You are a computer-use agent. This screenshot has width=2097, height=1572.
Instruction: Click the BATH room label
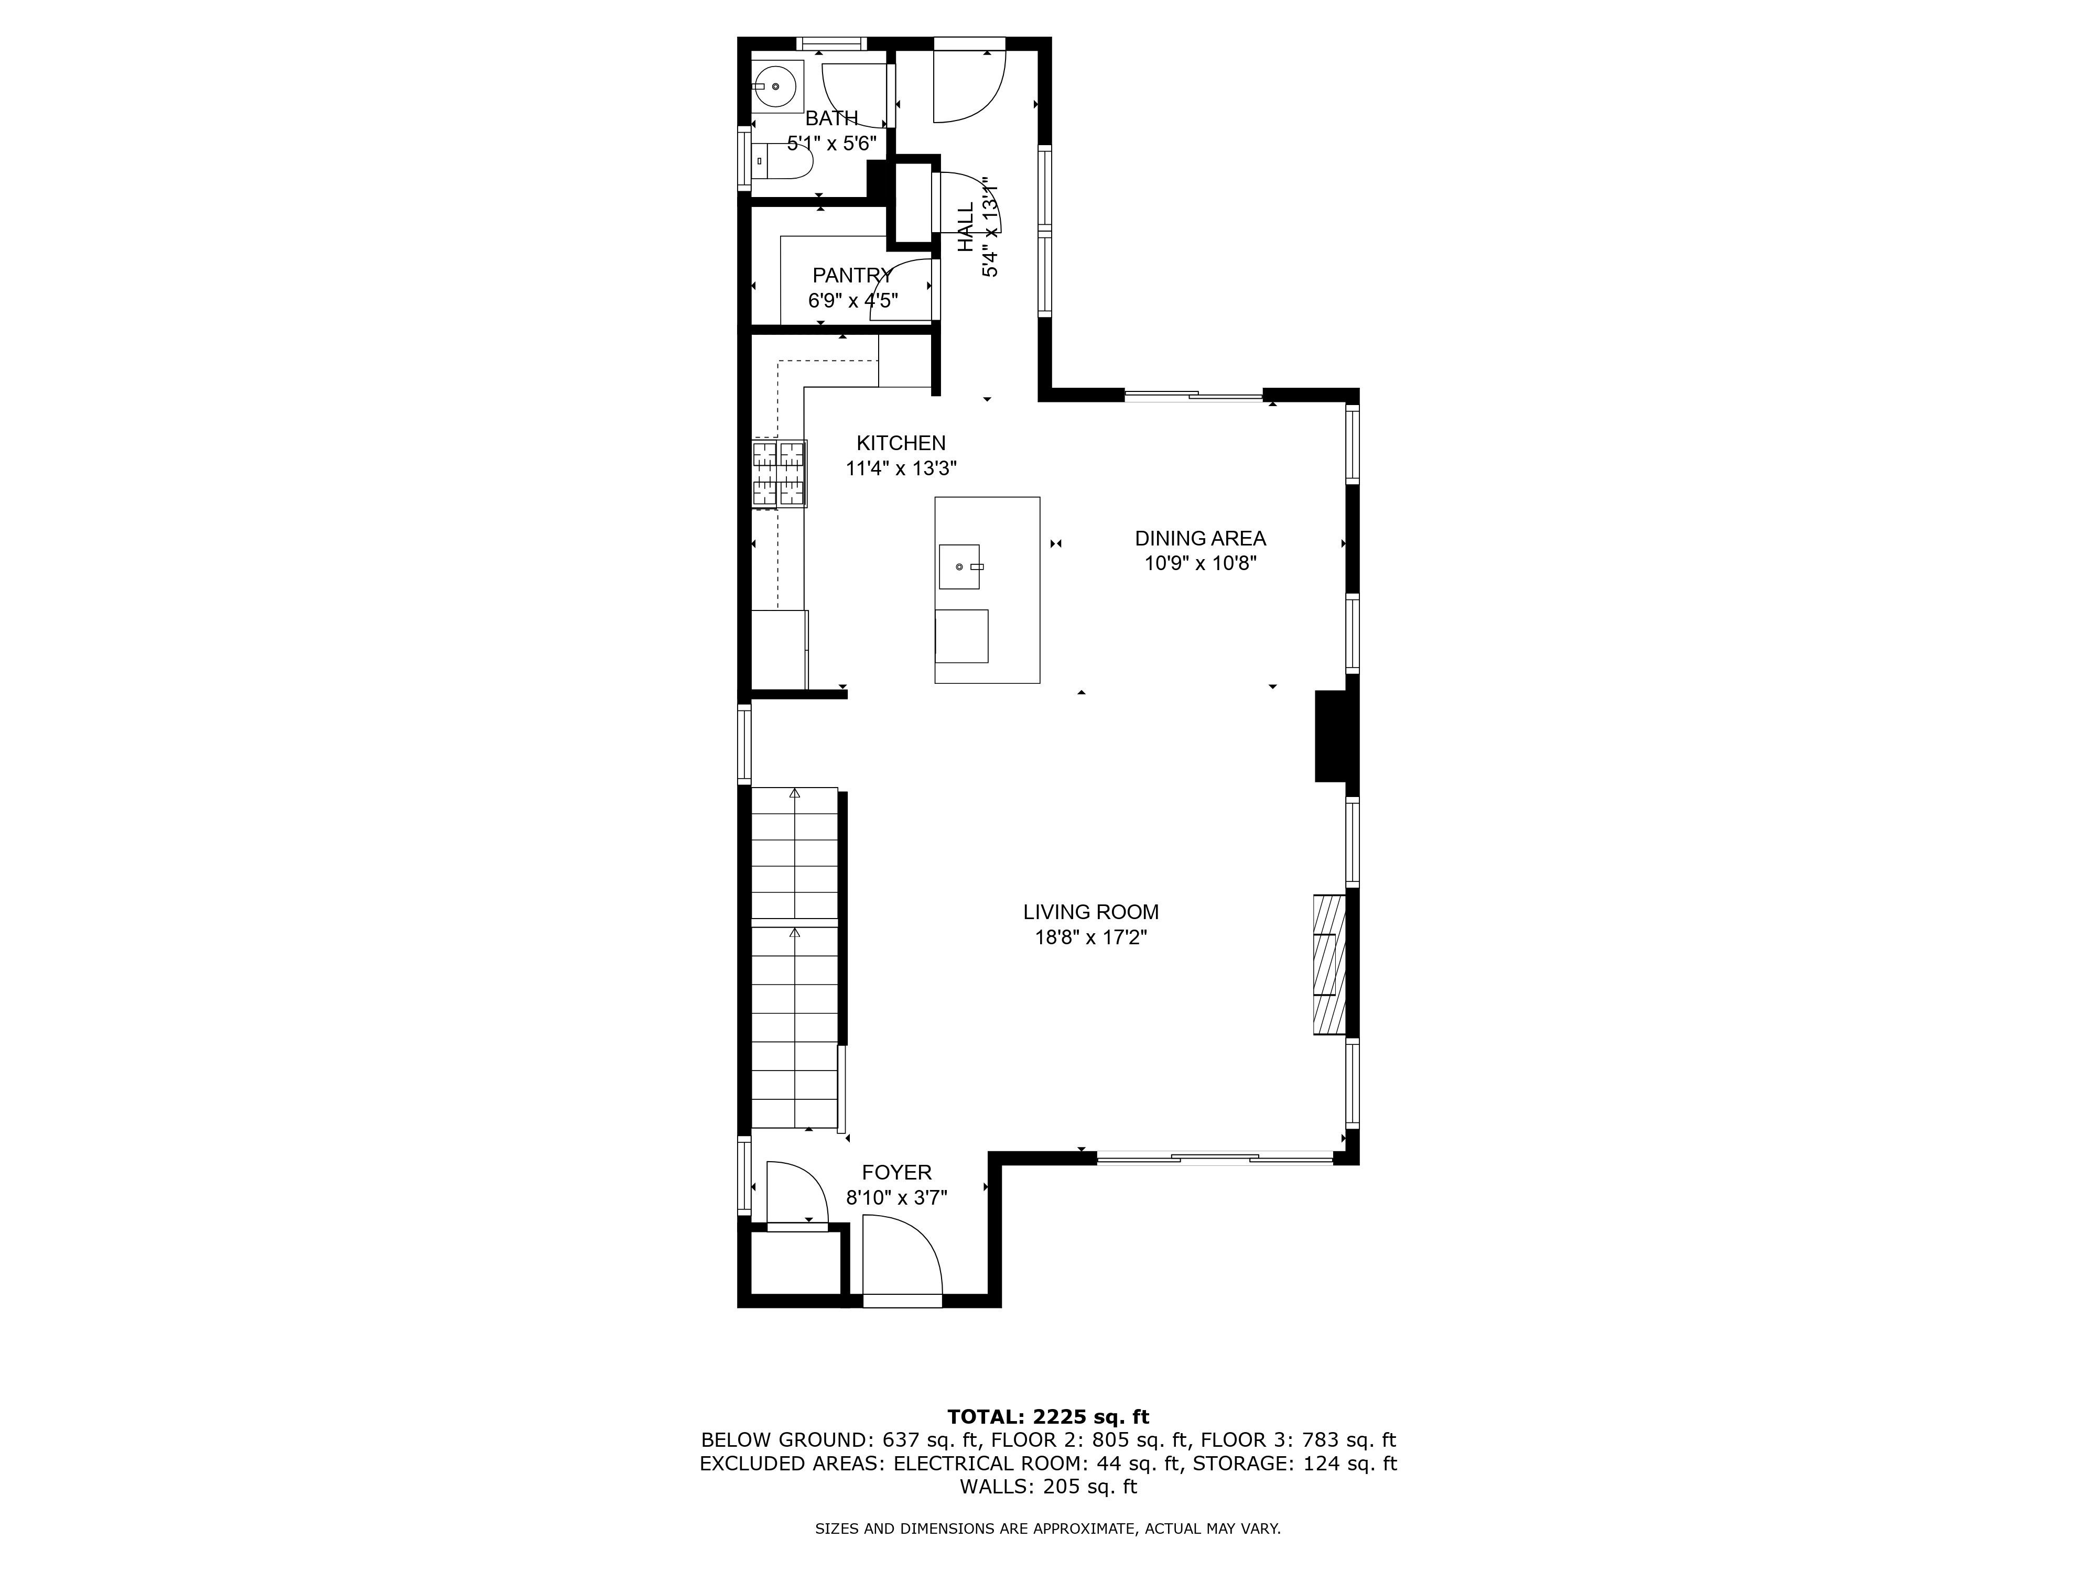[831, 118]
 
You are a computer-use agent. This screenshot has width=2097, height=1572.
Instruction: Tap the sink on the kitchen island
[959, 566]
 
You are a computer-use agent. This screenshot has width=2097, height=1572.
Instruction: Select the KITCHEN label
[901, 442]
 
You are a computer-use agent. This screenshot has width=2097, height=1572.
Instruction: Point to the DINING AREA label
[1200, 538]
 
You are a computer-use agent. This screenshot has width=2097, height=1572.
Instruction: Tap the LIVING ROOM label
[1090, 912]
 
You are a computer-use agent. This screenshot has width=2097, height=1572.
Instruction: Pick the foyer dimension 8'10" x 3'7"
[897, 1198]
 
